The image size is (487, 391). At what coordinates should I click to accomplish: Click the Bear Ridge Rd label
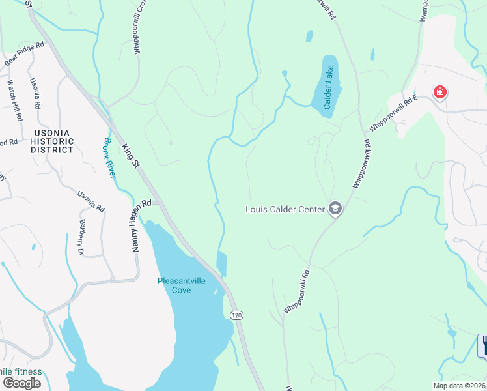click(x=24, y=53)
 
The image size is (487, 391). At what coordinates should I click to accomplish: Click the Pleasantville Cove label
click(x=183, y=285)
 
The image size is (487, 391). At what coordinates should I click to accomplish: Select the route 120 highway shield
click(x=237, y=315)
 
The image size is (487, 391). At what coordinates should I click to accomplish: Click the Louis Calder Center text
click(x=286, y=210)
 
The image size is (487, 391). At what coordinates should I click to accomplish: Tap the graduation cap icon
click(x=335, y=209)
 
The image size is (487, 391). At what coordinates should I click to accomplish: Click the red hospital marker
click(x=441, y=92)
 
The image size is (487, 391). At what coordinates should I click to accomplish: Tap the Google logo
click(x=21, y=383)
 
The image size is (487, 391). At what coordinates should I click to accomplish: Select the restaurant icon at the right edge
click(x=482, y=345)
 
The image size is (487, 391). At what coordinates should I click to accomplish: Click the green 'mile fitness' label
click(x=21, y=372)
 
